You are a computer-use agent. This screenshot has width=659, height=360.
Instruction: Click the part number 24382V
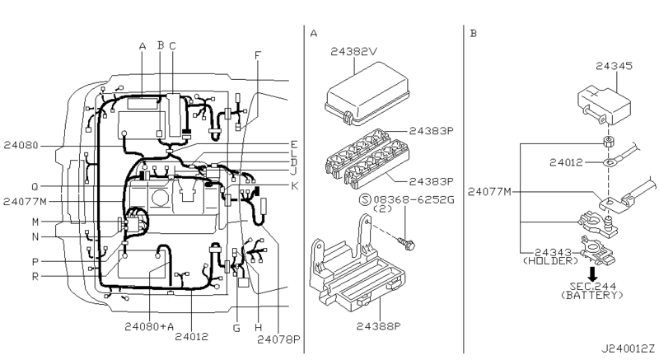pyautogui.click(x=353, y=52)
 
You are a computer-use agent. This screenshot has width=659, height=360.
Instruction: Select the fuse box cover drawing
pyautogui.click(x=367, y=93)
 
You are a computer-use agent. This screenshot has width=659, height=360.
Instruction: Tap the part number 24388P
pyautogui.click(x=378, y=326)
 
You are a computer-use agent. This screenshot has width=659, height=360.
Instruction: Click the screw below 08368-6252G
pyautogui.click(x=406, y=243)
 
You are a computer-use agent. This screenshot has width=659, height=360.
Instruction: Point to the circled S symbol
pyautogui.click(x=364, y=199)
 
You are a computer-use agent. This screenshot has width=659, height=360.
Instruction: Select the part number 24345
pyautogui.click(x=614, y=66)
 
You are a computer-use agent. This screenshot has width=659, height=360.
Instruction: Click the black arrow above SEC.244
pyautogui.click(x=592, y=274)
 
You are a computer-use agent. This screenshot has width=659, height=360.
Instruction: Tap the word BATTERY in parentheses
pyautogui.click(x=592, y=295)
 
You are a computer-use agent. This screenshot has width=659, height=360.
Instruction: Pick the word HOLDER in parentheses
pyautogui.click(x=550, y=261)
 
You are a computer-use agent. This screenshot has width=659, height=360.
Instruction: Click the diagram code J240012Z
pyautogui.click(x=628, y=348)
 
